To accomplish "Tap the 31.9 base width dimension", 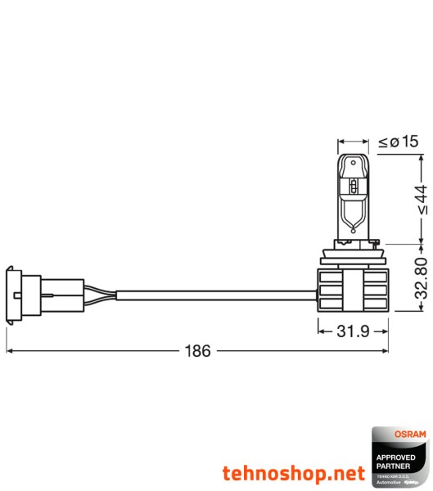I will pos(352,331).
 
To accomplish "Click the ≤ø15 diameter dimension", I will pos(399,142).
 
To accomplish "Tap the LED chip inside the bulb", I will pos(352,187).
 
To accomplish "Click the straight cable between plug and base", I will pos(213,291).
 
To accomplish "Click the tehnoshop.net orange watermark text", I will pos(293,473).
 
